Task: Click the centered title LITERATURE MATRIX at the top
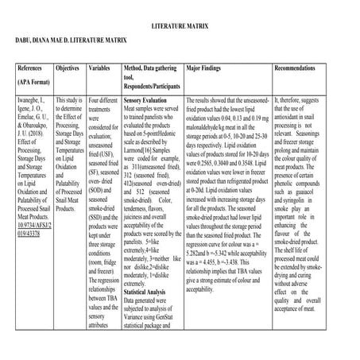point(180,26)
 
